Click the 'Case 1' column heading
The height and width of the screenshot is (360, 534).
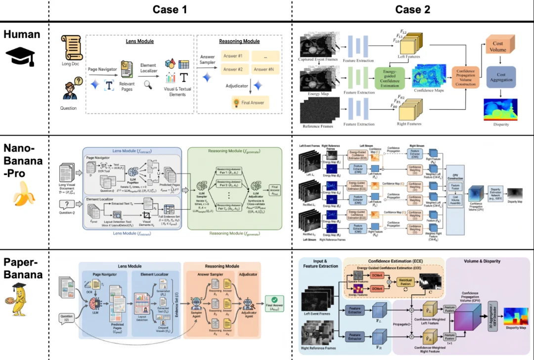(170, 10)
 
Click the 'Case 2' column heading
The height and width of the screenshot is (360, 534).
(413, 10)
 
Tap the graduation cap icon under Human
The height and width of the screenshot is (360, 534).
(20, 57)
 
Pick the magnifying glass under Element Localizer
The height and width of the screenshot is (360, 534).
(148, 85)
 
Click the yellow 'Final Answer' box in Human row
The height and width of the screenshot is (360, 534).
(250, 103)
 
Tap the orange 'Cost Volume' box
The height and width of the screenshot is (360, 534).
(498, 47)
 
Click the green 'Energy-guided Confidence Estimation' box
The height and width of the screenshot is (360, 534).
(390, 78)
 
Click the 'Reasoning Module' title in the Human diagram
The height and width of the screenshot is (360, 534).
(239, 41)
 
